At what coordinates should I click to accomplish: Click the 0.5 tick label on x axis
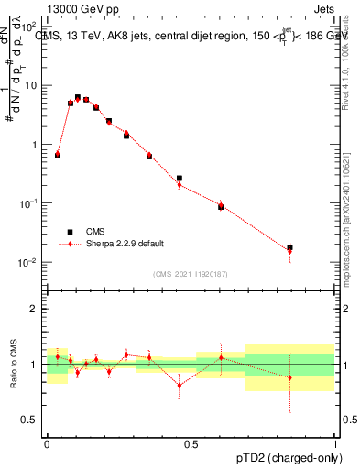tap(191, 443)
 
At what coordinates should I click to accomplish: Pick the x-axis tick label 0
tap(47, 443)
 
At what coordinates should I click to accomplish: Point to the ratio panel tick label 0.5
tap(29, 420)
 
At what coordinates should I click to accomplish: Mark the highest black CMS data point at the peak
tap(78, 97)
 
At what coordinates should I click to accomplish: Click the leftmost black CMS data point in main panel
tap(58, 156)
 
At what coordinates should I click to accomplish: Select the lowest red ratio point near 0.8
tap(180, 385)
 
